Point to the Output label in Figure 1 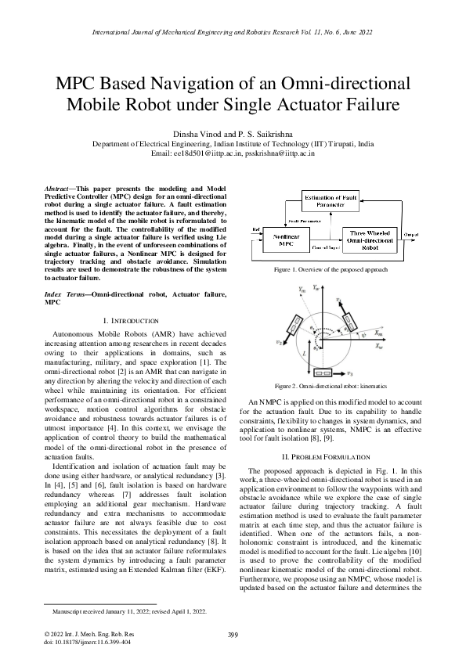coord(410,232)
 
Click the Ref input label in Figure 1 coord(254,229)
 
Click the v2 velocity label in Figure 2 coord(279,342)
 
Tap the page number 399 coord(233,633)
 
